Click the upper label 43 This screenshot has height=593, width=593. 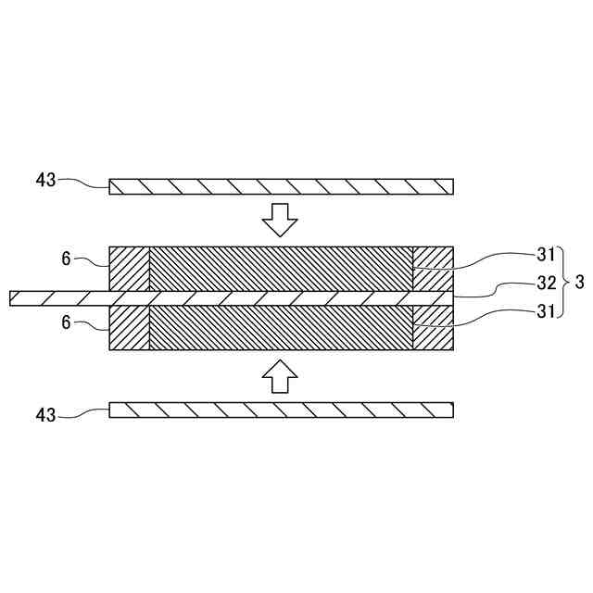[46, 180]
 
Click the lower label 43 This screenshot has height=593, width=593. [46, 415]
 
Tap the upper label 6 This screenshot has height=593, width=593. [66, 259]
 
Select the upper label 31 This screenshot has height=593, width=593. [546, 254]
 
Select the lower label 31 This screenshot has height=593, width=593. [546, 312]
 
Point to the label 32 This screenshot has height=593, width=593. [546, 283]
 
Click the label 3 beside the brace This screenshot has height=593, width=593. [579, 283]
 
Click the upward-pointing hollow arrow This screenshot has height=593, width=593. [280, 374]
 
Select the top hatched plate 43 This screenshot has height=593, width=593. [282, 186]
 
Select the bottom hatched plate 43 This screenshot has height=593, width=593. [282, 410]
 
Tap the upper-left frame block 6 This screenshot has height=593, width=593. [129, 269]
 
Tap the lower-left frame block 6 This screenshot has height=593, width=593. [129, 328]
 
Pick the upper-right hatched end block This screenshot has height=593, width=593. [433, 269]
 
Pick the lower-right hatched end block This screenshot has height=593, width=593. [433, 328]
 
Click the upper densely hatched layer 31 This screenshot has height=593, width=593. [282, 269]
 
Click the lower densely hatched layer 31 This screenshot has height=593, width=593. [282, 328]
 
